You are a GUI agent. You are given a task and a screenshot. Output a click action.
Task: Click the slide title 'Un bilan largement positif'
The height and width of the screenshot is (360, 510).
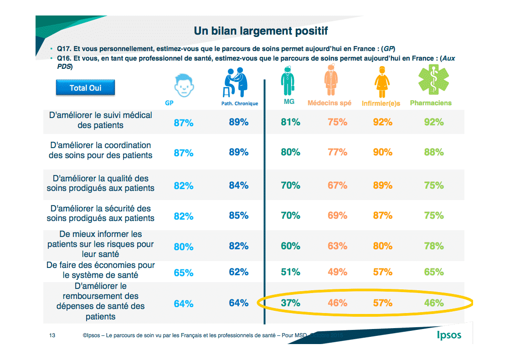pos(261,31)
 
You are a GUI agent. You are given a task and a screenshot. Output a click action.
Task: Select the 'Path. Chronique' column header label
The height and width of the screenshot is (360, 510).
pos(237,103)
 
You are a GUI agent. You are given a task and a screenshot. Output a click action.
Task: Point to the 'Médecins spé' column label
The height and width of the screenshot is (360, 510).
pos(330,103)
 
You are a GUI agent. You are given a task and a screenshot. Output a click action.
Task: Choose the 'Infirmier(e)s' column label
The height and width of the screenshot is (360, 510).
pos(381,103)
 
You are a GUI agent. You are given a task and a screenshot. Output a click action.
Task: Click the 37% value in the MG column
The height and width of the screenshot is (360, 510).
pos(290,303)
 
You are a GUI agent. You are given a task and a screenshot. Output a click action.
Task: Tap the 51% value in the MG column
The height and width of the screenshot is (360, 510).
pos(290,272)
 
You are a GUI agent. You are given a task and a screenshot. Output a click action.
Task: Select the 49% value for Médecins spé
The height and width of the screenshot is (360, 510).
pos(337,272)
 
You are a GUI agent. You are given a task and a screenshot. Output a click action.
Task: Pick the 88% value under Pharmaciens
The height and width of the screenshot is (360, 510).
pos(433,152)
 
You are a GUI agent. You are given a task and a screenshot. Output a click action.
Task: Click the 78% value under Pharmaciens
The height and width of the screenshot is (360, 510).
pos(433,246)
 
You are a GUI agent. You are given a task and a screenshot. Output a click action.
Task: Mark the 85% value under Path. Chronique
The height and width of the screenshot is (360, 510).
pos(238,215)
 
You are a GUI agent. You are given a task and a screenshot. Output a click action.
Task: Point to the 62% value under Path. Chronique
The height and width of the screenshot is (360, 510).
pos(238,272)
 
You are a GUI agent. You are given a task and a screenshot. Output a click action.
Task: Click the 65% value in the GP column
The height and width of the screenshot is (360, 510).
pos(184,273)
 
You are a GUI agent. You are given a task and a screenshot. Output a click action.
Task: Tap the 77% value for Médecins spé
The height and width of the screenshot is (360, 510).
pos(337,152)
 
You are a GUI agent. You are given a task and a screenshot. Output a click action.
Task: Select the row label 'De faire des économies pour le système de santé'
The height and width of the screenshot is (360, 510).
pos(100,270)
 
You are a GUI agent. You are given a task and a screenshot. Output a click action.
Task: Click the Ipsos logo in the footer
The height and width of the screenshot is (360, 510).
pos(448,335)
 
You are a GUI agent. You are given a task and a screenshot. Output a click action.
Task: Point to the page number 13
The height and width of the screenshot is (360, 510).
pos(52,335)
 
